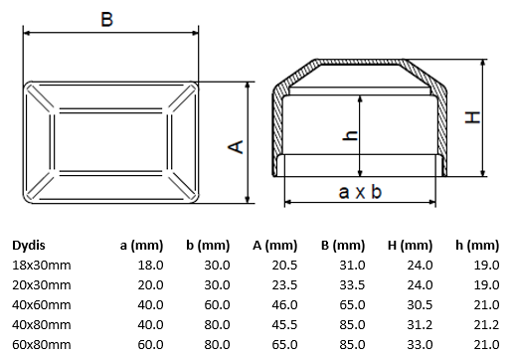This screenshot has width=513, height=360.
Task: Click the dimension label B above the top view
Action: (x=106, y=19)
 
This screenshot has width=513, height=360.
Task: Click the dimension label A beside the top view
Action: (x=236, y=147)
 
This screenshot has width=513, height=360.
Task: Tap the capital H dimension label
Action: (x=472, y=117)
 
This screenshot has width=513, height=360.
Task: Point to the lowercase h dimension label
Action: (x=350, y=135)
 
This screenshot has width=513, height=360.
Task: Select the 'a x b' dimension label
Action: (x=360, y=192)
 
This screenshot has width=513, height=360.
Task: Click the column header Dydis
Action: (x=29, y=246)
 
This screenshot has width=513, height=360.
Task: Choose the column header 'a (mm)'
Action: (x=141, y=246)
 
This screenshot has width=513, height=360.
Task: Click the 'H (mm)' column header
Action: (x=410, y=246)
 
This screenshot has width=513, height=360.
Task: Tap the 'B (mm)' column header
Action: (x=343, y=246)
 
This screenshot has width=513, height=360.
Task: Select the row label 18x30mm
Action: (x=42, y=266)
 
